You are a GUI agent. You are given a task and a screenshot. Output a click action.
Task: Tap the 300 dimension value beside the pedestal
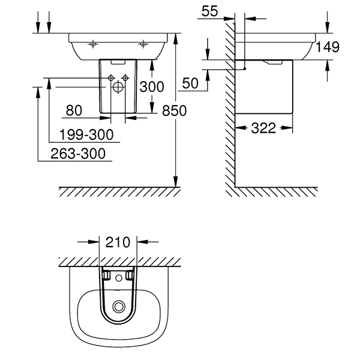click(x=151, y=87)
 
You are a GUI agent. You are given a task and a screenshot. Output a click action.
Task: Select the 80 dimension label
click(x=73, y=110)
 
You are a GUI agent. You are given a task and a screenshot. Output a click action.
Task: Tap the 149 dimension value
click(x=328, y=47)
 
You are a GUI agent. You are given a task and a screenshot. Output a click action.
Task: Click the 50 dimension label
click(x=190, y=84)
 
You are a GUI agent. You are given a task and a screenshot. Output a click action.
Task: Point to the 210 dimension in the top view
click(x=118, y=242)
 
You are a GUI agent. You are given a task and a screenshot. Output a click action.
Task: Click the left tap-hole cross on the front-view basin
click(x=93, y=44)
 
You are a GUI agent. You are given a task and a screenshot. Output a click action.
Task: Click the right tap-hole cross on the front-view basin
click(x=143, y=44)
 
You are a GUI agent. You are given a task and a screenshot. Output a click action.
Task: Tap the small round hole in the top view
click(x=128, y=276)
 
